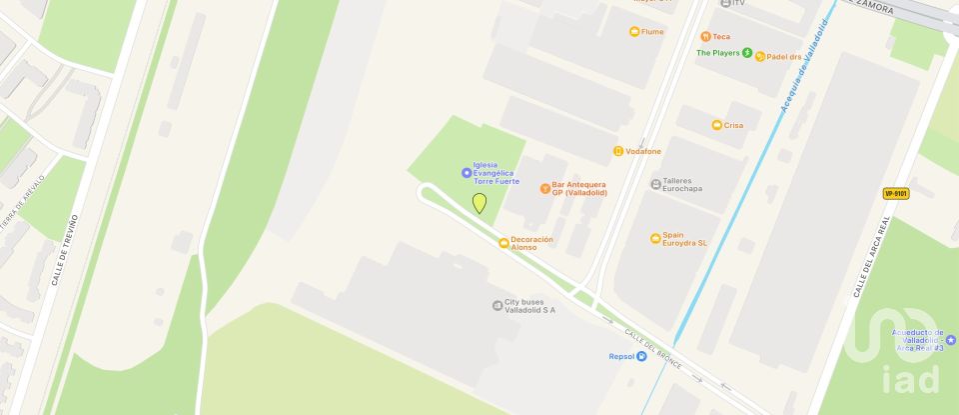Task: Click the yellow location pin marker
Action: pyautogui.click(x=479, y=203)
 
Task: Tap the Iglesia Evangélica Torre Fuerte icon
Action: pyautogui.click(x=467, y=173)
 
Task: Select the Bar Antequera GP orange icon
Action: pyautogui.click(x=544, y=187)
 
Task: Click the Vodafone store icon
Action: pyautogui.click(x=618, y=151)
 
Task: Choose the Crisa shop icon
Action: pyautogui.click(x=716, y=125)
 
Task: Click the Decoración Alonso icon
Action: pyautogui.click(x=503, y=243)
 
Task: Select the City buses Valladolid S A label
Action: pyautogui.click(x=529, y=307)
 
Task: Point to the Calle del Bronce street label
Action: pyautogui.click(x=653, y=347)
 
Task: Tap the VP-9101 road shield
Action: pyautogui.click(x=896, y=193)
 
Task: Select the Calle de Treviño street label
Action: pyautogui.click(x=61, y=249)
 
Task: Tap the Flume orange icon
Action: pyautogui.click(x=633, y=32)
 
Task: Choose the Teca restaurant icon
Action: pyautogui.click(x=705, y=37)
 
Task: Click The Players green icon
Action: pyautogui.click(x=746, y=52)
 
